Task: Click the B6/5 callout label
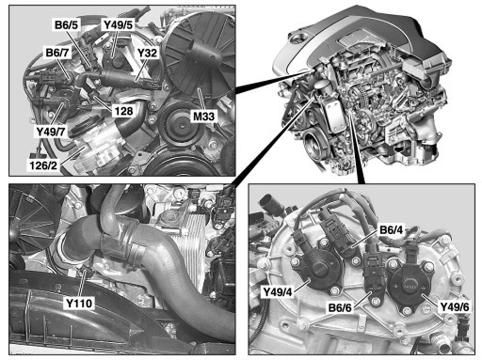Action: (x=67, y=25)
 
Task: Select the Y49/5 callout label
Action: (x=118, y=25)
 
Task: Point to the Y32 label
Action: (x=147, y=53)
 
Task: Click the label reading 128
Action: (x=123, y=111)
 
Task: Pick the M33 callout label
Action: (x=203, y=116)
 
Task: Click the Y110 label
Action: (x=79, y=303)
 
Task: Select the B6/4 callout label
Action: (x=391, y=230)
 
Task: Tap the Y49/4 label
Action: (x=278, y=292)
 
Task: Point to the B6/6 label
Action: (x=340, y=307)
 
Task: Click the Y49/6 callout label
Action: (x=454, y=306)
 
